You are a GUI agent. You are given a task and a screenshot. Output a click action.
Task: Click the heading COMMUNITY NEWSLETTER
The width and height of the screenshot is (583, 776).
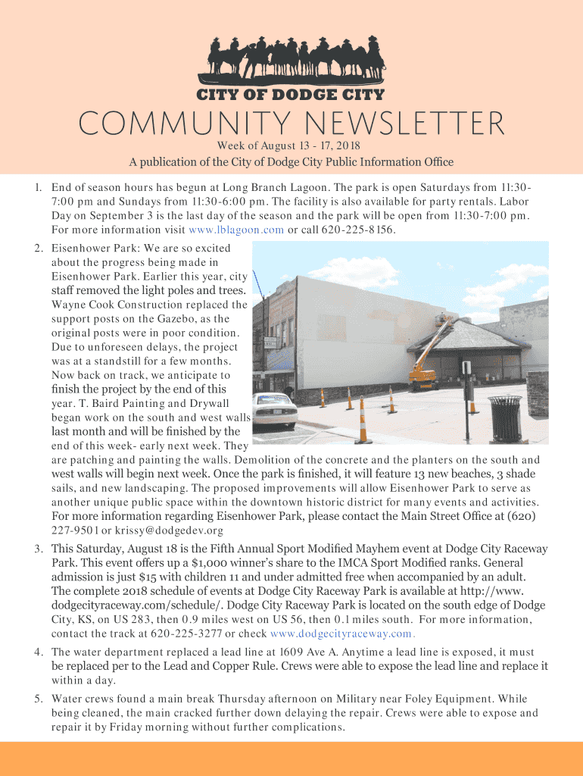click(291, 124)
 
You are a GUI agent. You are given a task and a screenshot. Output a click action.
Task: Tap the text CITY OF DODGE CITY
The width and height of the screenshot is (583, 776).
click(291, 95)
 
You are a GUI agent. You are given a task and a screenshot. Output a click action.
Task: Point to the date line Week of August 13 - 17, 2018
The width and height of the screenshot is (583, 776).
click(288, 145)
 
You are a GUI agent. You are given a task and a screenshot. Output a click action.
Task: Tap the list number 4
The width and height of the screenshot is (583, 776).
click(38, 652)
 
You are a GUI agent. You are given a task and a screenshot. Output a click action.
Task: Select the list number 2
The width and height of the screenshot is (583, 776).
click(38, 248)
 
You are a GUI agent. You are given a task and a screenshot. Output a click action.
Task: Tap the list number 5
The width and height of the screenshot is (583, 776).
click(38, 699)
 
